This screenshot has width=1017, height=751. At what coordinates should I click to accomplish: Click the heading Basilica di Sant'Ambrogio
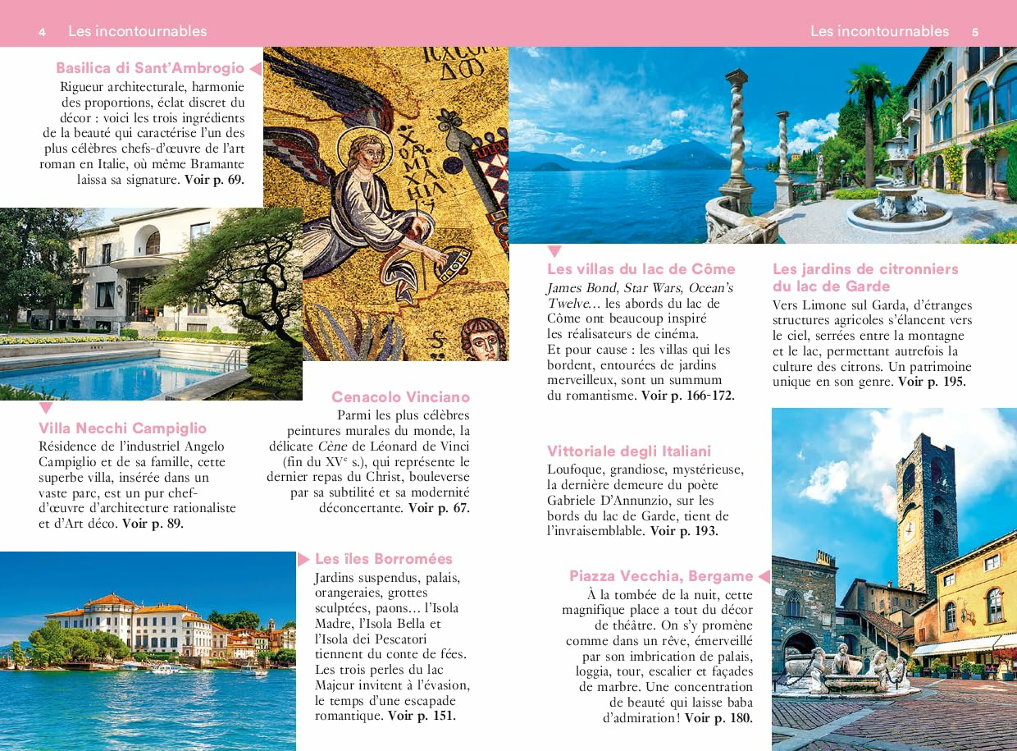click(x=150, y=68)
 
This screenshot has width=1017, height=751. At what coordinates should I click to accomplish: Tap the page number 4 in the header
click(x=42, y=32)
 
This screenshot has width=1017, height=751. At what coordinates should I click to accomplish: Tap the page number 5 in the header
click(x=975, y=32)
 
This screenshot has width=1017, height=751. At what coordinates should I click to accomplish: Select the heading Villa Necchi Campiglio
click(x=122, y=428)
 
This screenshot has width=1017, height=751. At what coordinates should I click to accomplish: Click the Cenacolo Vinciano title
click(x=400, y=397)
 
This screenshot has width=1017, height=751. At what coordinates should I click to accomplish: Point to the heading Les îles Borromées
click(x=384, y=559)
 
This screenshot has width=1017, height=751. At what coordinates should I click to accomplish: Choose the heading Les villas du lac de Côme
click(x=641, y=269)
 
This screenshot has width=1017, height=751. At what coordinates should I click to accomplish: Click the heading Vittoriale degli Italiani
click(x=629, y=451)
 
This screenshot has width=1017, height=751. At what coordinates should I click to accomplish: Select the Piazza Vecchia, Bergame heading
click(x=661, y=576)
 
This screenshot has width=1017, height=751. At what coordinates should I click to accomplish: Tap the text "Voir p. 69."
click(x=214, y=179)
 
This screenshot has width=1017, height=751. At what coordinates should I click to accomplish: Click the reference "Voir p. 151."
click(x=422, y=716)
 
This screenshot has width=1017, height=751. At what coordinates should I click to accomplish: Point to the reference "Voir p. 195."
click(x=932, y=382)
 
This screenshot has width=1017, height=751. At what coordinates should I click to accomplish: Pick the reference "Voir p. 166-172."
click(x=687, y=396)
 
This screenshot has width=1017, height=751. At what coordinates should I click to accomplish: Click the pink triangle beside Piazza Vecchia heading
click(x=764, y=576)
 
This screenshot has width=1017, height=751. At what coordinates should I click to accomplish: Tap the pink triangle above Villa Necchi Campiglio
click(x=46, y=408)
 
